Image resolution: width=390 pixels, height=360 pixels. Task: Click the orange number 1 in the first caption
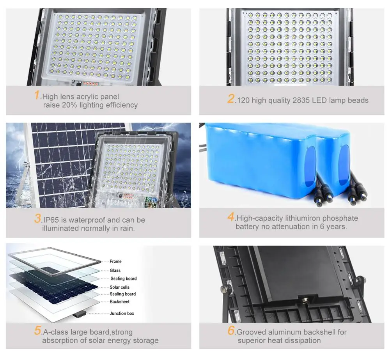click(37, 96)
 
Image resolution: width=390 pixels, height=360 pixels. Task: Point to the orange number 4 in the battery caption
click(231, 217)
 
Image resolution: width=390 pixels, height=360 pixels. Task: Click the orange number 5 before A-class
click(37, 332)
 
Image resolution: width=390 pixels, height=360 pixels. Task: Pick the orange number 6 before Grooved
click(231, 332)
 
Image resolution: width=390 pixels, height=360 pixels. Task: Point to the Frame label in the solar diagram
click(115, 262)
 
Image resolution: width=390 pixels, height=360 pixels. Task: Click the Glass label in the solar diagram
click(115, 270)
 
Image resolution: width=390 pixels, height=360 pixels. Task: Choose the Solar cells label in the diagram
click(120, 287)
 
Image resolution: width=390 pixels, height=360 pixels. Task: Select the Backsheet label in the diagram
click(119, 302)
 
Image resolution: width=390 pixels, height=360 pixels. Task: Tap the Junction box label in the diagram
click(122, 314)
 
